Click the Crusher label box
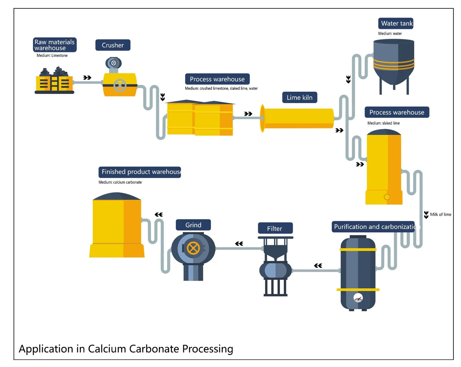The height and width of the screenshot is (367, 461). [x=113, y=45]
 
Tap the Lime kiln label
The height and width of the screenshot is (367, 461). [x=299, y=98]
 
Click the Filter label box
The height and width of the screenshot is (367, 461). [x=275, y=228]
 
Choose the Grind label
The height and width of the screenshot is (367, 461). [x=193, y=225]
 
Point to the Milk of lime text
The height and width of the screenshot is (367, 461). [x=440, y=214]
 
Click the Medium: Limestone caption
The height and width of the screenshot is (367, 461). [x=52, y=56]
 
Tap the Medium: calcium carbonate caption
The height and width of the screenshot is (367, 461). [x=120, y=182]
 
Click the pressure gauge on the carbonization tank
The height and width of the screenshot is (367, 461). [x=358, y=298]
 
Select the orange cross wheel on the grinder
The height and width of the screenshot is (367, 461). [x=193, y=248]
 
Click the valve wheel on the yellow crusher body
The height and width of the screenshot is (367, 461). [x=120, y=85]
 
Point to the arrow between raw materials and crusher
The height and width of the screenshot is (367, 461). [x=87, y=78]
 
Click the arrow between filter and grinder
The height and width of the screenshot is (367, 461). [x=239, y=244]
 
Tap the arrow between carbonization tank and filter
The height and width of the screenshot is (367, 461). [x=318, y=265]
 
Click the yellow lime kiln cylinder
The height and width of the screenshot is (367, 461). [x=298, y=118]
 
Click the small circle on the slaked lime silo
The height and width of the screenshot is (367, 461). [x=387, y=197]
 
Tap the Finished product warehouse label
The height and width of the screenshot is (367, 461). [x=140, y=172]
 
